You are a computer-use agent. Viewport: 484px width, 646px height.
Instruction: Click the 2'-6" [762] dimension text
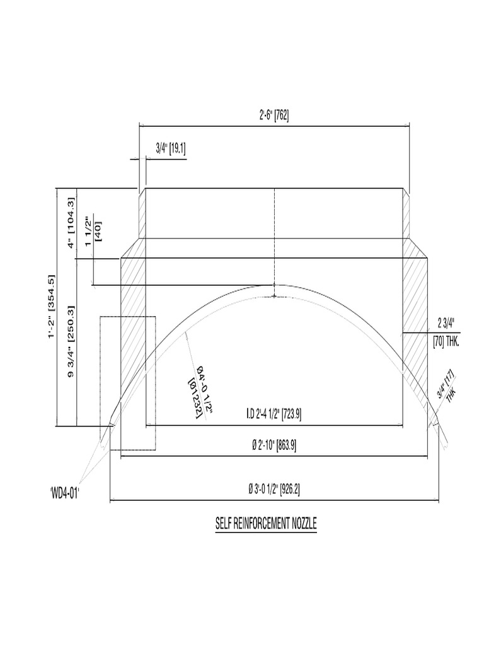point(274,115)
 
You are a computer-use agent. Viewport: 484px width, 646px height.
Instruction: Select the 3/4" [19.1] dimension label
point(170,149)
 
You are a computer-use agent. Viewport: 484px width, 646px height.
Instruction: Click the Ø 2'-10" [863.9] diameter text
point(274,445)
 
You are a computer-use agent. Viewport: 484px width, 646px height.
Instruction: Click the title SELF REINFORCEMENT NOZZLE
point(265,523)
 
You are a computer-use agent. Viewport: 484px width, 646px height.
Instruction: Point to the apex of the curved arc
point(275,286)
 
